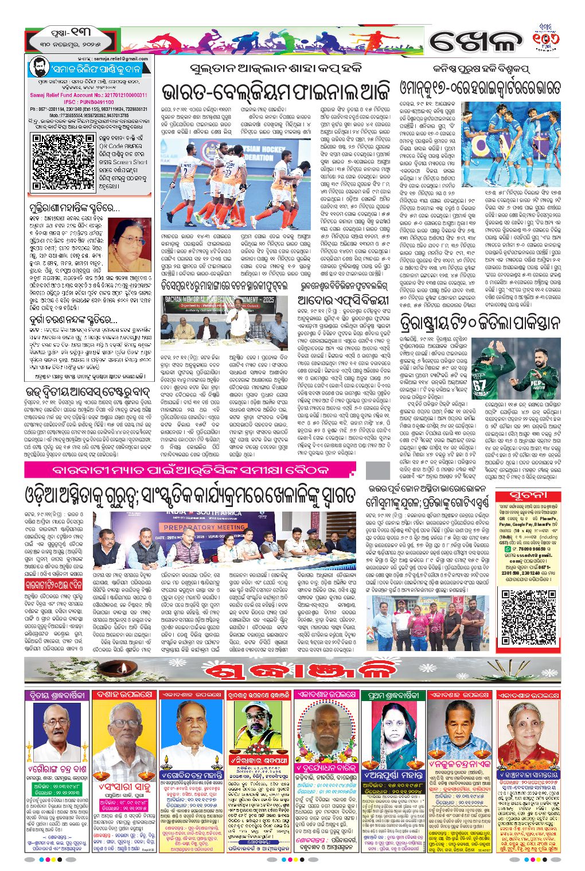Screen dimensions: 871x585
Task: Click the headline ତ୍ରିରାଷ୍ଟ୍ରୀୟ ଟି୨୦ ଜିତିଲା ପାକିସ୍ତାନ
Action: tap(479, 323)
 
